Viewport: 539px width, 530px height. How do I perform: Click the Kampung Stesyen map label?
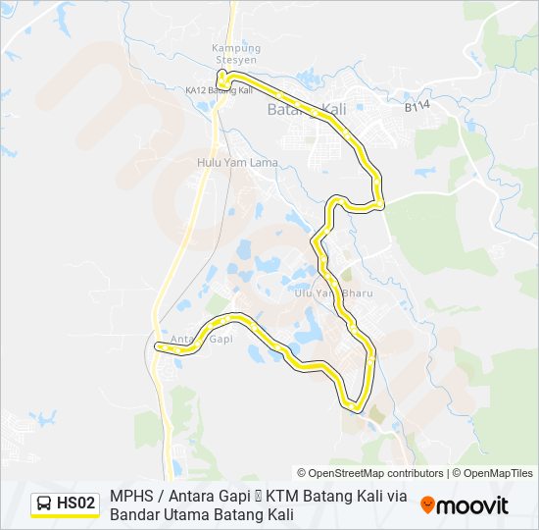tap(236, 53)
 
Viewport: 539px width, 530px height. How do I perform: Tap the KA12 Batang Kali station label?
tap(220, 90)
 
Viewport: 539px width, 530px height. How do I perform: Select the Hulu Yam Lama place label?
tap(237, 163)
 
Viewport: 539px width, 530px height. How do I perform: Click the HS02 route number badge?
tap(76, 503)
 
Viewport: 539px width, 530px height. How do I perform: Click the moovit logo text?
tap(473, 505)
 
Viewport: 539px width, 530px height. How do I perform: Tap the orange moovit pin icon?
tap(427, 504)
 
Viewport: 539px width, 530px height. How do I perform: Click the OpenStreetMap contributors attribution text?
tap(370, 473)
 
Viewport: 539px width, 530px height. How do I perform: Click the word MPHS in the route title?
tap(131, 496)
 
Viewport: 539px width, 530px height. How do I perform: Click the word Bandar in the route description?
tap(133, 514)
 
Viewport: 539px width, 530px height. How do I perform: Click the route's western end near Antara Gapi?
tap(158, 345)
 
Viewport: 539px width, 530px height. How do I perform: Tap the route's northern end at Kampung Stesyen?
tap(221, 82)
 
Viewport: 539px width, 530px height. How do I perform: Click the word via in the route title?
tap(395, 496)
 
